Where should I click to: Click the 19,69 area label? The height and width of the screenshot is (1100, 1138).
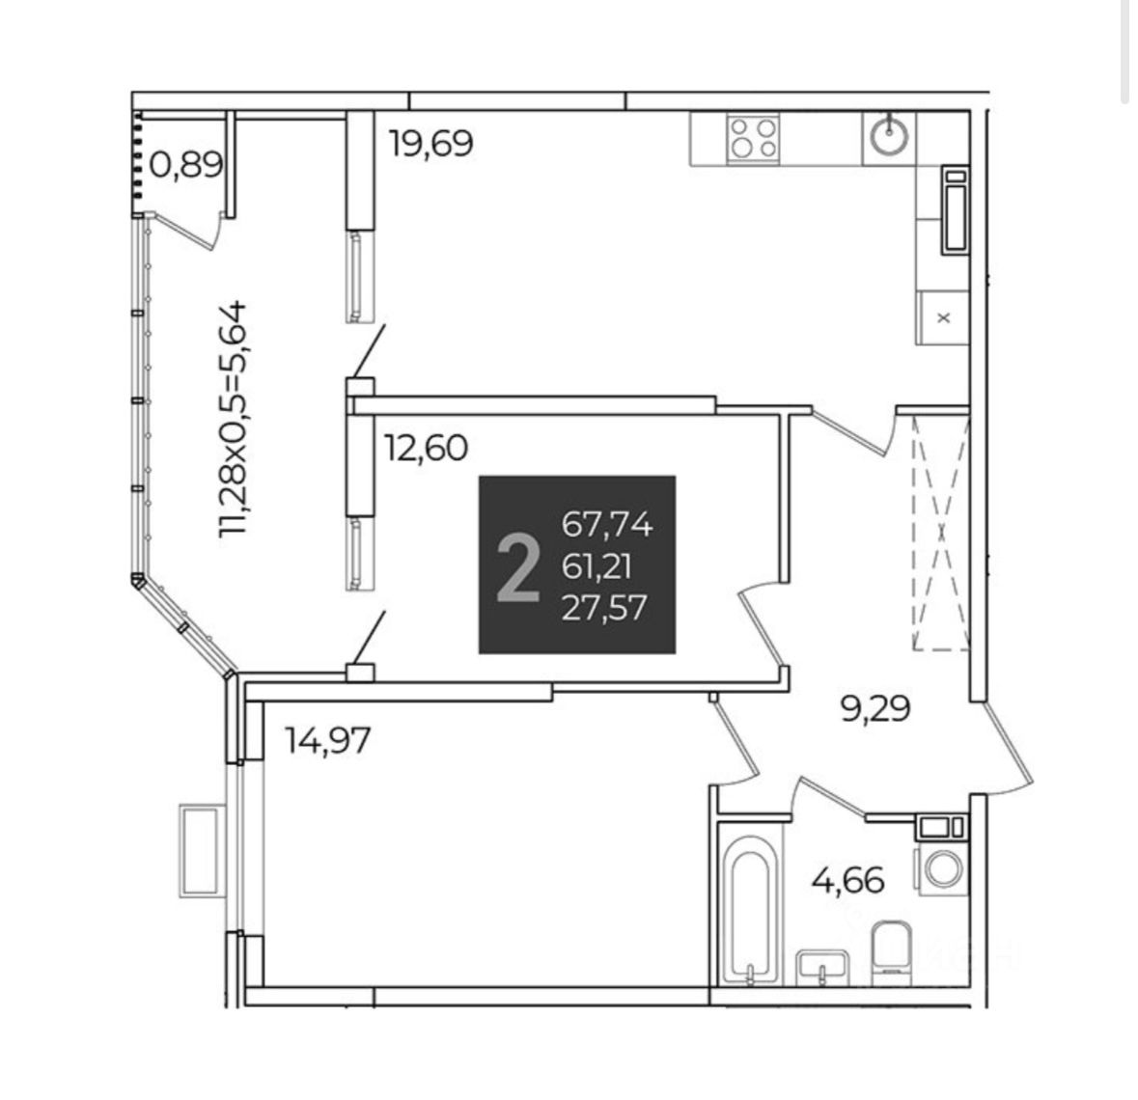tap(430, 144)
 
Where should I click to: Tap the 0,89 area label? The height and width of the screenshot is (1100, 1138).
tap(186, 165)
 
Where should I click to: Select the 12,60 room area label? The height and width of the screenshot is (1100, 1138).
tap(426, 448)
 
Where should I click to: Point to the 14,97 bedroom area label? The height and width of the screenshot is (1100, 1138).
tap(328, 740)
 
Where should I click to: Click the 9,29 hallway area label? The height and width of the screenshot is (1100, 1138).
tap(874, 710)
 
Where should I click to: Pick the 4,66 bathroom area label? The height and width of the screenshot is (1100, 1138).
tap(848, 880)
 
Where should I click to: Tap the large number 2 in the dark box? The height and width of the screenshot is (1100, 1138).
tap(518, 568)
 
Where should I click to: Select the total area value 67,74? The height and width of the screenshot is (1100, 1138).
tap(607, 526)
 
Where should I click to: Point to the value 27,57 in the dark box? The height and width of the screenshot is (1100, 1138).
tap(603, 608)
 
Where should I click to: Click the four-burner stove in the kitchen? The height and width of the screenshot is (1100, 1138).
tap(754, 138)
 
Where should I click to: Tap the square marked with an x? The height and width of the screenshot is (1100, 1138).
tap(943, 316)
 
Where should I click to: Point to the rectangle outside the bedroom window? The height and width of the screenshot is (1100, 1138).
tap(202, 852)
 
